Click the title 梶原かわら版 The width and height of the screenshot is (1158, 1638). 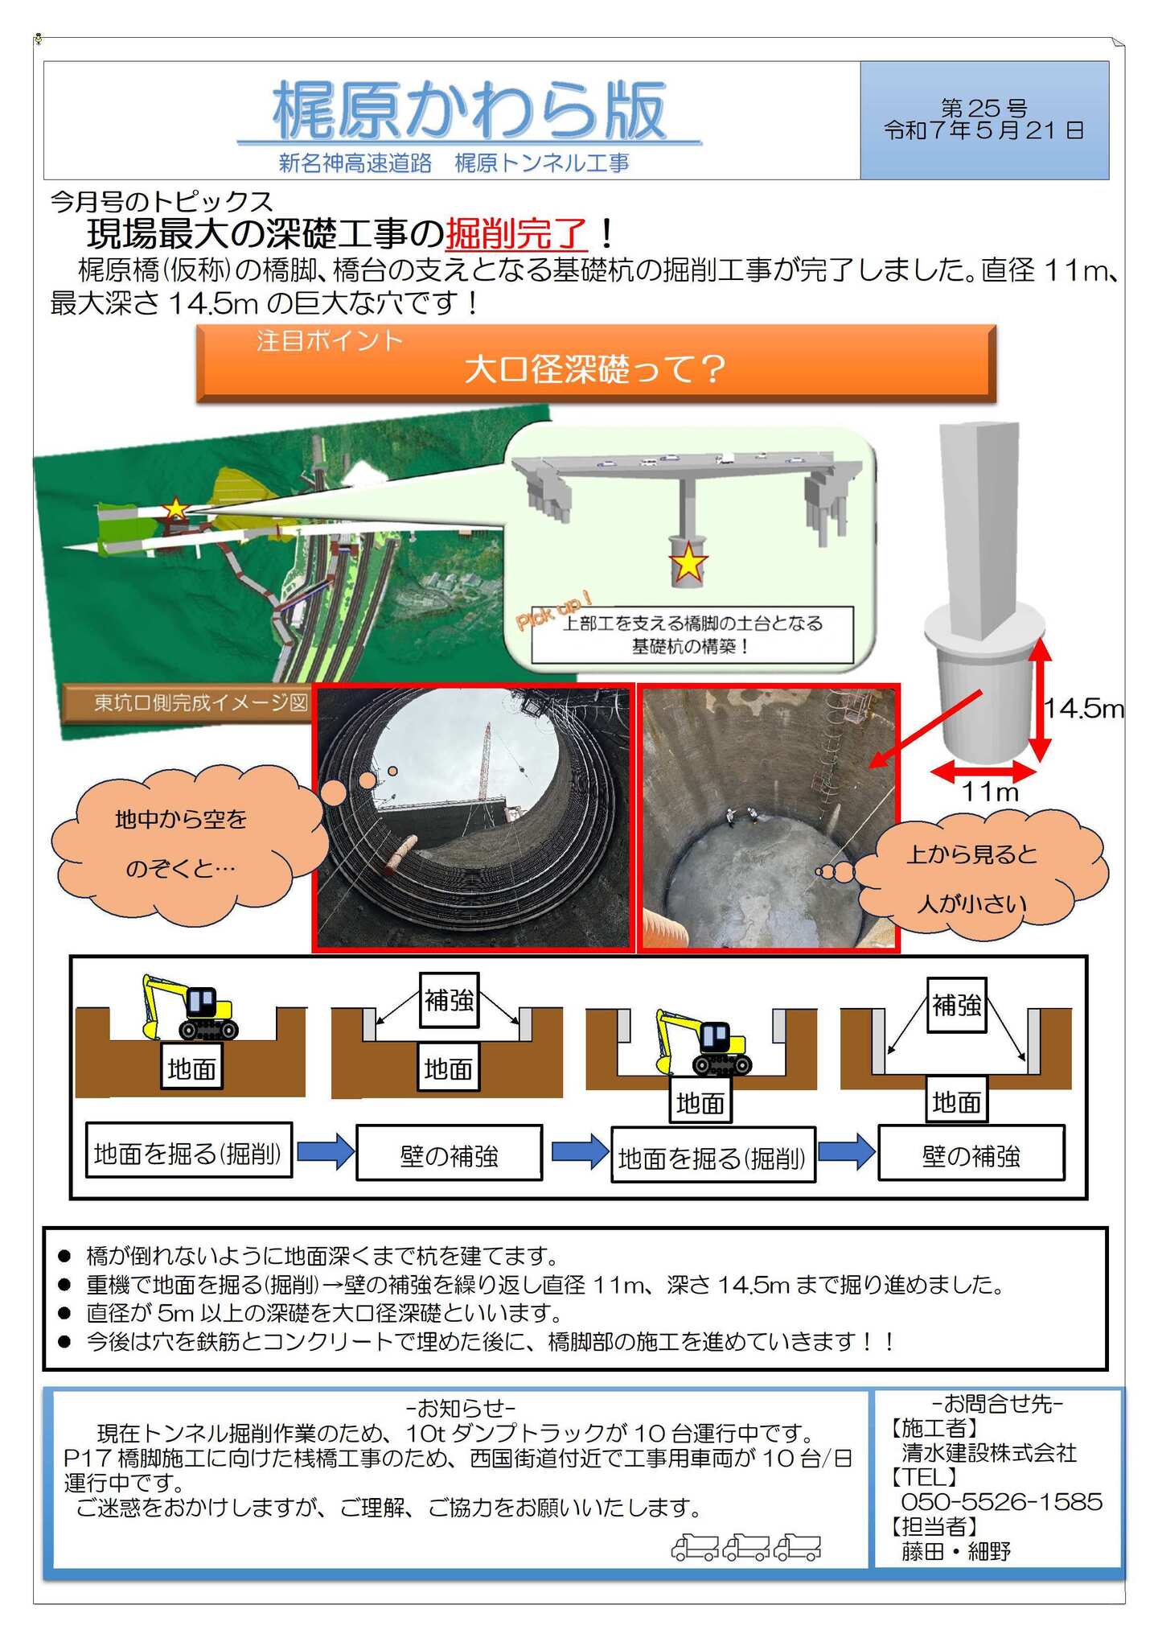[469, 110]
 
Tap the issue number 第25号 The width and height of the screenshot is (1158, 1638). [983, 108]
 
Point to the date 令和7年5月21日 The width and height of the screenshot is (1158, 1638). [983, 130]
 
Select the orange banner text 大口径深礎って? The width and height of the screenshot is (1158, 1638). [595, 369]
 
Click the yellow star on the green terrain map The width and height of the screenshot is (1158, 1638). [175, 509]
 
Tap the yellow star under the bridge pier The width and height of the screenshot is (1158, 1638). [688, 563]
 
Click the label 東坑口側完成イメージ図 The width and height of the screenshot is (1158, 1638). [200, 703]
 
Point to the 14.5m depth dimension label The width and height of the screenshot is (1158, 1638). [1083, 709]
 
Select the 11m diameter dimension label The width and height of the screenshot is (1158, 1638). [990, 792]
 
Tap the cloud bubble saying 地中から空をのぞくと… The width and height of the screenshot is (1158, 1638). [181, 843]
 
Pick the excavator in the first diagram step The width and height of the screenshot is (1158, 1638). [191, 1008]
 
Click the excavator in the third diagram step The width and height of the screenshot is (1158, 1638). [704, 1043]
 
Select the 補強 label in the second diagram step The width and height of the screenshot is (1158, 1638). [449, 1001]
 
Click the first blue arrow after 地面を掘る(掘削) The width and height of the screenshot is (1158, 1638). [325, 1151]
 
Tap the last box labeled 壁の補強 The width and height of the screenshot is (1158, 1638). [971, 1156]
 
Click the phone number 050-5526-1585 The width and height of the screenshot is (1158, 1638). [1001, 1502]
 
